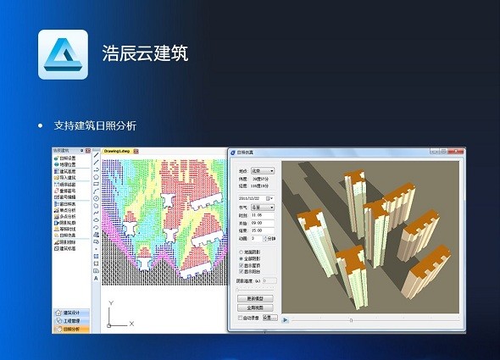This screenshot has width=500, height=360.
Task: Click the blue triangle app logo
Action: [63, 55]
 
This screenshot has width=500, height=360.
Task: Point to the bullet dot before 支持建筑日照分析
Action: [40, 125]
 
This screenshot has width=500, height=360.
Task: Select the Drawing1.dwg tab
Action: [117, 150]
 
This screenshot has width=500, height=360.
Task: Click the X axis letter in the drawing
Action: [133, 324]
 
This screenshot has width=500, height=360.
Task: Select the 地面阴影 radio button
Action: [241, 252]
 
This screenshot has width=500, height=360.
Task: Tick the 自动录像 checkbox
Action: [239, 318]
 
